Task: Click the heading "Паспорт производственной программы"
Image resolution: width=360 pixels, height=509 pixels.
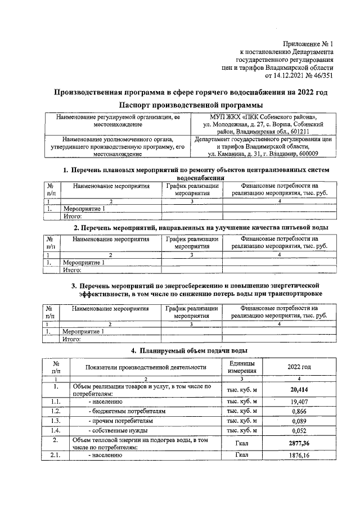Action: tap(191, 105)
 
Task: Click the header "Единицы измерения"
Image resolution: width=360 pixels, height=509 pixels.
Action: tap(242, 367)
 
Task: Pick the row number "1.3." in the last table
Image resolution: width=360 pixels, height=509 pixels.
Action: tap(55, 421)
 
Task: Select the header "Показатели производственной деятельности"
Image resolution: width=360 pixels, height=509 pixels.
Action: tap(146, 367)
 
